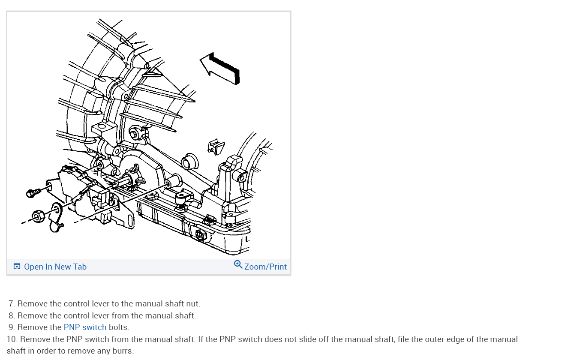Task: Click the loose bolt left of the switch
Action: click(32, 193)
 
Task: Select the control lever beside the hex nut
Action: click(55, 218)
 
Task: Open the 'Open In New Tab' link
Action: click(55, 267)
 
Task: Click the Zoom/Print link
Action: click(265, 267)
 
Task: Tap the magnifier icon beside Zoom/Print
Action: click(238, 264)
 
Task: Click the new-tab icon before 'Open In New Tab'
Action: click(17, 267)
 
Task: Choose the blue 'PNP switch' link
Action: click(85, 327)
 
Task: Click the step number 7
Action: click(12, 304)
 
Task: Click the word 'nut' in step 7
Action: click(193, 304)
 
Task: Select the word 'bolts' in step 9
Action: click(118, 327)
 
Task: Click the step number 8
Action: click(12, 316)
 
